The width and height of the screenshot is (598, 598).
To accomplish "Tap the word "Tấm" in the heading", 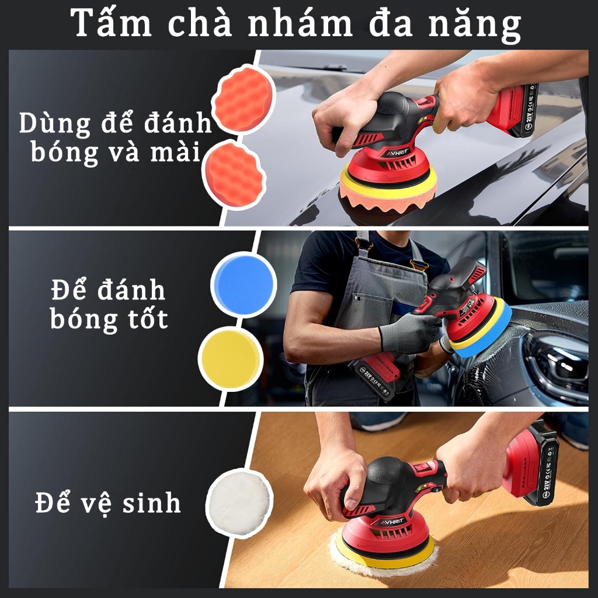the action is pos(111,23).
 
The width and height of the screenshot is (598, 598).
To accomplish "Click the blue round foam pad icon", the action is pos(244,284).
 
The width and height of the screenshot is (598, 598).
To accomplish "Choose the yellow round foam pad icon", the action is pos(231,359).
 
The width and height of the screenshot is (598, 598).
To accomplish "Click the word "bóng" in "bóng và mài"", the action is pos(64,152).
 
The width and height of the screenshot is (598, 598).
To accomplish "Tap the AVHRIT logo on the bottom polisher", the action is pos(392,520).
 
